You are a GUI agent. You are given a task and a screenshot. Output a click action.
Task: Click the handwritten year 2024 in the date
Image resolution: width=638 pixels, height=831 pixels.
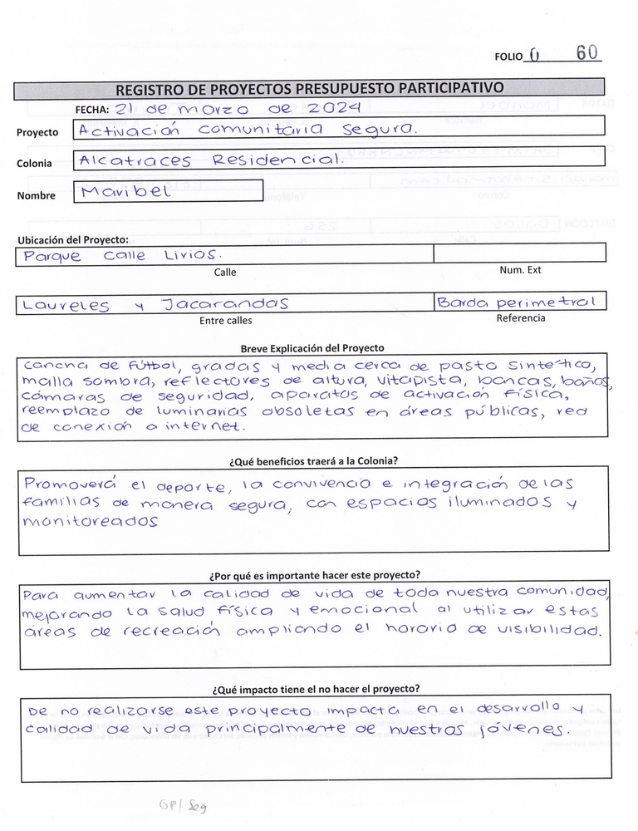click(x=333, y=108)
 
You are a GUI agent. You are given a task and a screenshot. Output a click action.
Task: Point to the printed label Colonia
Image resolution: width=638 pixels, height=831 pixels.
click(x=34, y=164)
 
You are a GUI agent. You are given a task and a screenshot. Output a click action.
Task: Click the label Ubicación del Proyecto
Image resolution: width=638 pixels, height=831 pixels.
click(x=72, y=240)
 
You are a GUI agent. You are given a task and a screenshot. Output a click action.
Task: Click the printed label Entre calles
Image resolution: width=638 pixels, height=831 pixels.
click(x=226, y=320)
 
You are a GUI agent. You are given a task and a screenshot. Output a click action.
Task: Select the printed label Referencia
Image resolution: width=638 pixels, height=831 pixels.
click(x=521, y=318)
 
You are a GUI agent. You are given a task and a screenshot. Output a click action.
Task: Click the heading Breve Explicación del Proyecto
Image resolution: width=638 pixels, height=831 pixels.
click(x=312, y=348)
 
